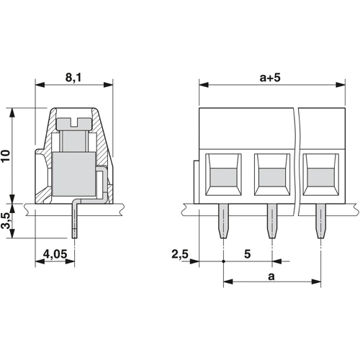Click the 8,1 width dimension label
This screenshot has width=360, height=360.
[73, 78]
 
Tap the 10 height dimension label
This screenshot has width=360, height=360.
[6, 156]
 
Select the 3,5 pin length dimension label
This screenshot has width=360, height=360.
[6, 220]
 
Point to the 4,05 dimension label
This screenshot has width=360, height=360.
[55, 254]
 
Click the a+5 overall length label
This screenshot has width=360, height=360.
[270, 78]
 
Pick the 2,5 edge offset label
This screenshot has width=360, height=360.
[180, 254]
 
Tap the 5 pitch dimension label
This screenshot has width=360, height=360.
[248, 254]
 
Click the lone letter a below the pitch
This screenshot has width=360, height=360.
[271, 276]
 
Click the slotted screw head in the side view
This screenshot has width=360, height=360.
[74, 123]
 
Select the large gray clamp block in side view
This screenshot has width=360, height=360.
[73, 174]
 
